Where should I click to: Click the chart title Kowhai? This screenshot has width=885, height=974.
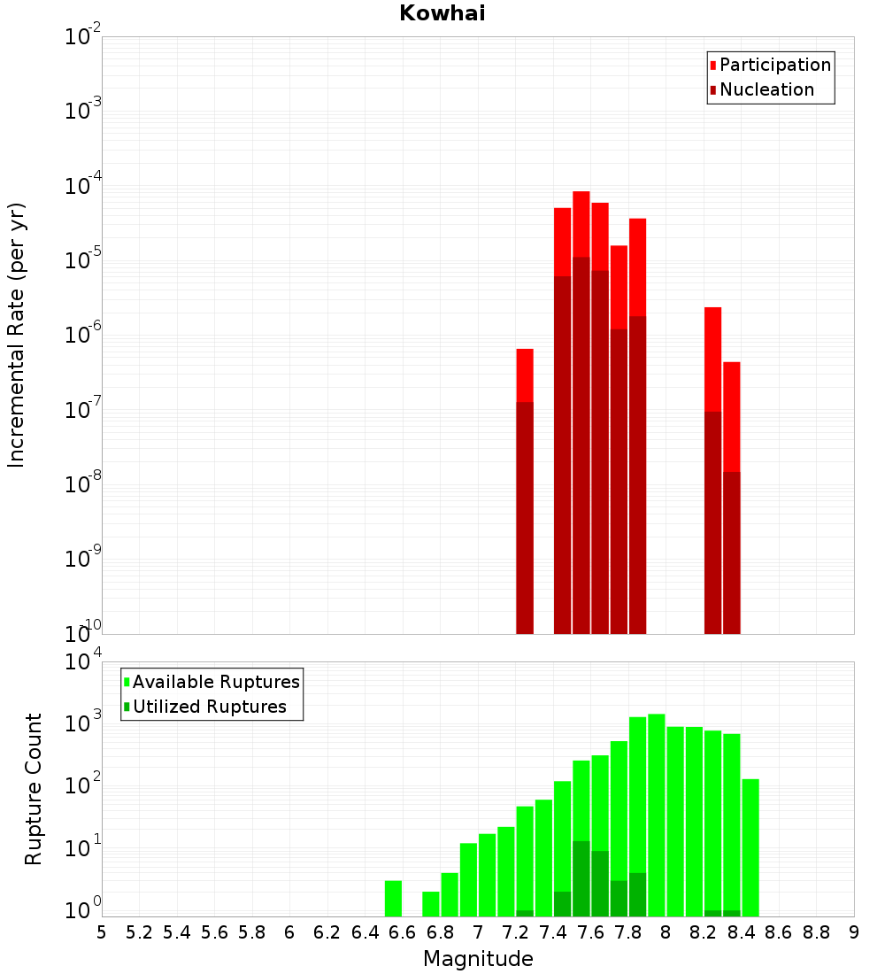(442, 13)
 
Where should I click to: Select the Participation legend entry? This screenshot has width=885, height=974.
(774, 65)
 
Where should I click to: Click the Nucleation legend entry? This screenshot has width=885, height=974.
(766, 89)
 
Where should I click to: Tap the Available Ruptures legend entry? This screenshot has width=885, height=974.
(215, 682)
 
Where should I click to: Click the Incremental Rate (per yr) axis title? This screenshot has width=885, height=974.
(17, 335)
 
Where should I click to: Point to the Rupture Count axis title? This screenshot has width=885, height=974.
(34, 789)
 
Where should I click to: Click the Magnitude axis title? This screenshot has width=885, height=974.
(478, 959)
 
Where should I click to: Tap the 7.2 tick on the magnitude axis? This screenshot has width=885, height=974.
(515, 932)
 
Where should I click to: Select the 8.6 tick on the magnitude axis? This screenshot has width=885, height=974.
(779, 932)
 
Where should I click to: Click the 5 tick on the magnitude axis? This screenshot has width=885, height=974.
(102, 932)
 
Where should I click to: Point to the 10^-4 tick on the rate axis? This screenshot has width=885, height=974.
(82, 186)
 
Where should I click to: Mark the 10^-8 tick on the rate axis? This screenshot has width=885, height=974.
(82, 484)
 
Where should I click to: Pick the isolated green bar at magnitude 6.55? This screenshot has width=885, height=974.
(393, 898)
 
